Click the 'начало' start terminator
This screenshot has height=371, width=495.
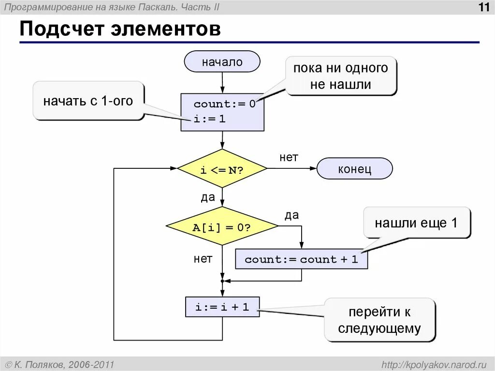click(x=222, y=62)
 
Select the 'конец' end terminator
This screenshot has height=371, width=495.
click(x=354, y=169)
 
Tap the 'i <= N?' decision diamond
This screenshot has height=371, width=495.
click(x=222, y=169)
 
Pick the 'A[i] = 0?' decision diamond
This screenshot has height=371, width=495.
click(x=222, y=226)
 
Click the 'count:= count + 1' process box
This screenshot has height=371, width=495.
click(x=301, y=259)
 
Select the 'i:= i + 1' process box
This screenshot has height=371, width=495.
click(x=222, y=307)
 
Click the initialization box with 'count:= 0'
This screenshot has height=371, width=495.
click(x=222, y=112)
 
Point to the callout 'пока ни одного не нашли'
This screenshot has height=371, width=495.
click(x=341, y=76)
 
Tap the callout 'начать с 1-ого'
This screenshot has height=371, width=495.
click(x=88, y=101)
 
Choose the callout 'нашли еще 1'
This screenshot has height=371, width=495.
click(x=416, y=223)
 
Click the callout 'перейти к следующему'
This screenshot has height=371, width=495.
click(x=379, y=320)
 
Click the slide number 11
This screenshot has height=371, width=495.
click(x=483, y=8)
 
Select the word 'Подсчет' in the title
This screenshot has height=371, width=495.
click(x=62, y=30)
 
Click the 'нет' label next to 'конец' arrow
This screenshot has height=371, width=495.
click(x=289, y=158)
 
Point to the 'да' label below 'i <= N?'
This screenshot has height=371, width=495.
click(x=208, y=197)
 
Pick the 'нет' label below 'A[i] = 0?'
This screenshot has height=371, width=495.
click(x=203, y=259)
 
